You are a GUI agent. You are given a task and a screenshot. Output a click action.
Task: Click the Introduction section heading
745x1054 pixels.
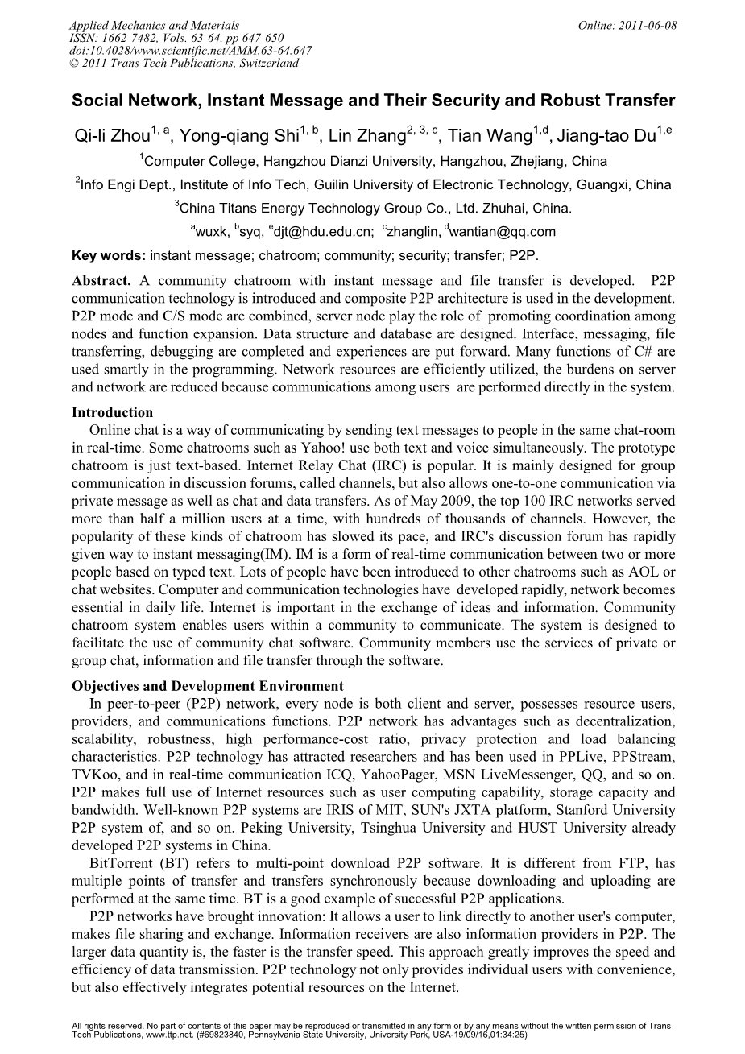[112, 413]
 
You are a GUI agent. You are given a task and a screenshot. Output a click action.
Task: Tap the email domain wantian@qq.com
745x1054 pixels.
[503, 232]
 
